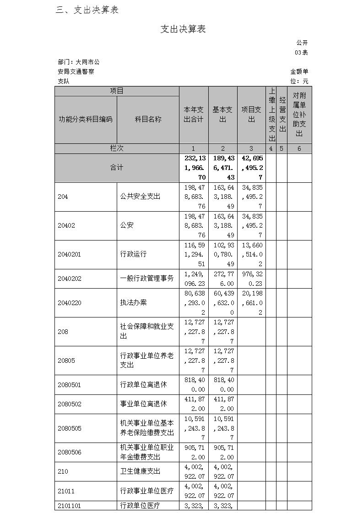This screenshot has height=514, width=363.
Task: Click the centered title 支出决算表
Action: [183, 29]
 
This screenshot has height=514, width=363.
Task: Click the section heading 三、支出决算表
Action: [87, 10]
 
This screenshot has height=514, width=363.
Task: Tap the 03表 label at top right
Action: [301, 52]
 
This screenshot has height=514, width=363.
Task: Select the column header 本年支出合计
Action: [193, 115]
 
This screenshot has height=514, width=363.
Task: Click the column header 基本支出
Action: [222, 115]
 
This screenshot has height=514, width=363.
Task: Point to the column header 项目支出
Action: [251, 115]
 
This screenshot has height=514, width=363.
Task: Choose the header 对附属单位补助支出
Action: [299, 115]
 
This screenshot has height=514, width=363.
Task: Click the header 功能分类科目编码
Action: [86, 119]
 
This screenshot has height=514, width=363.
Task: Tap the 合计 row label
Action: [117, 168]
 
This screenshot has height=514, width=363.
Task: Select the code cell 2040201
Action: [70, 254]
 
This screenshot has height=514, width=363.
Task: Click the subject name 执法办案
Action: [134, 303]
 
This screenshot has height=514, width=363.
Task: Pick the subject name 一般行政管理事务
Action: [147, 279]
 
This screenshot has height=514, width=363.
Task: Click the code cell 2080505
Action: [70, 428]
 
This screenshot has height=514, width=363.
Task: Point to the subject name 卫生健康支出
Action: [140, 471]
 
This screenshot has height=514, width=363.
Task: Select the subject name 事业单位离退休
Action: [143, 404]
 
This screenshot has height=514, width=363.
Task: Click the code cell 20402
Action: [66, 225]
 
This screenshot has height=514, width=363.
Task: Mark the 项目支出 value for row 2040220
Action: [251, 303]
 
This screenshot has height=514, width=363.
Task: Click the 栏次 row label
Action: [117, 148]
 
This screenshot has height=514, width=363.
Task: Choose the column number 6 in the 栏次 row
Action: [299, 148]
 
